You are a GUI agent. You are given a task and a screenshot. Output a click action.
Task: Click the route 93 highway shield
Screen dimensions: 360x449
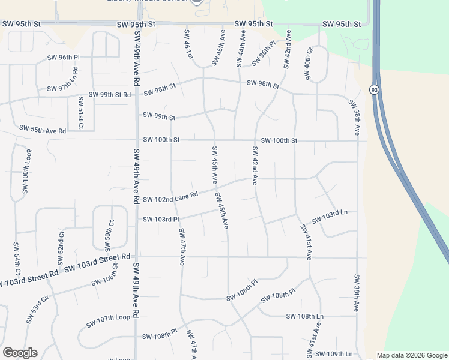pyautogui.click(x=374, y=89)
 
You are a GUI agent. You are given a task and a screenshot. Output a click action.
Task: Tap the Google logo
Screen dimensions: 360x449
pyautogui.click(x=20, y=353)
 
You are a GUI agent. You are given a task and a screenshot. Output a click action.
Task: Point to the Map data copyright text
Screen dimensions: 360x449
pyautogui.click(x=412, y=355)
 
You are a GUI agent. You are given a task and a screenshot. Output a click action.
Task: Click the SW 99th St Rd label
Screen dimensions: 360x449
pyautogui.click(x=110, y=95)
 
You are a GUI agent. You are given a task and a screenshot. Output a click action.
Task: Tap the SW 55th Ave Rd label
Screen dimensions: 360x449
pyautogui.click(x=42, y=129)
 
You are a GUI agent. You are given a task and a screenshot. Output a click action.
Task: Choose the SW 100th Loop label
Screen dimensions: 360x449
pyautogui.click(x=25, y=174)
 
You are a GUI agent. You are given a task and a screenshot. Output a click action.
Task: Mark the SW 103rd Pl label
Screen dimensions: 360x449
pyautogui.click(x=161, y=219)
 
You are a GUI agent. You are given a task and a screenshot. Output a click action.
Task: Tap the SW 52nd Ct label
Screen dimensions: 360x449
pyautogui.click(x=61, y=247)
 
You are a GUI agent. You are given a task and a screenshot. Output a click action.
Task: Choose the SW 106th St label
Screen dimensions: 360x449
pyautogui.click(x=101, y=279)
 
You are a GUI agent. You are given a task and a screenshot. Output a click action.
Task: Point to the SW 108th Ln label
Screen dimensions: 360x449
pyautogui.click(x=304, y=316)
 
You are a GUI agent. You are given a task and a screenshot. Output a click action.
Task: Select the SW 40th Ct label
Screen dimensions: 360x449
pyautogui.click(x=309, y=64)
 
